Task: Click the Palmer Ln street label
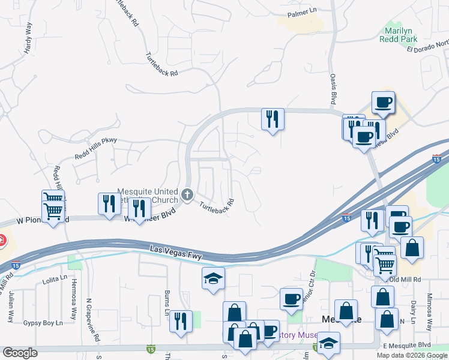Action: tap(301, 11)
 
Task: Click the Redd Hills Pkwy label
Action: tap(95, 148)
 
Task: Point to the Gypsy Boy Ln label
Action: tap(43, 323)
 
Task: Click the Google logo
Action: tap(20, 353)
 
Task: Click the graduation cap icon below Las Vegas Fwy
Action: tap(213, 278)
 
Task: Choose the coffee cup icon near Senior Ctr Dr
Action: tap(292, 298)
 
